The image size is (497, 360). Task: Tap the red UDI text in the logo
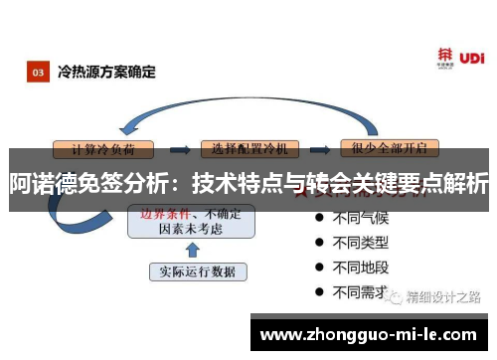(474, 58)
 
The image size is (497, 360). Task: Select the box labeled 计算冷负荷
(110, 148)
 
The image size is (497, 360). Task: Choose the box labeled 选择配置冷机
(249, 148)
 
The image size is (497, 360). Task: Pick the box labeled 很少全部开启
(389, 148)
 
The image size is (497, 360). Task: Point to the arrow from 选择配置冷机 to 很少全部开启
(319, 148)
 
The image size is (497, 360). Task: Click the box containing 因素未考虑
(191, 221)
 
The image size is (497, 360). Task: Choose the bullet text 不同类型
(359, 242)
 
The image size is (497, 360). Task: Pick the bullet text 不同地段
(359, 267)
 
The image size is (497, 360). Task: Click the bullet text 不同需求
(359, 291)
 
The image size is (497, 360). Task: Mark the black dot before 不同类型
(318, 242)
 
